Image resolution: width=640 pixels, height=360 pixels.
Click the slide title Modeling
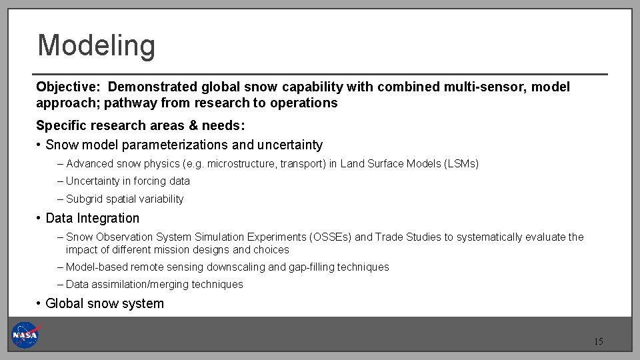coord(96,46)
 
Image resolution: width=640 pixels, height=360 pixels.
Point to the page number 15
coord(598,342)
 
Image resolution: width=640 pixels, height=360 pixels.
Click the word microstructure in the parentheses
coord(241,163)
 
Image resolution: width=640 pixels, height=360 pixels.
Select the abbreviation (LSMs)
coord(461,163)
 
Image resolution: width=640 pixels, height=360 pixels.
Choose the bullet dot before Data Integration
coord(40,218)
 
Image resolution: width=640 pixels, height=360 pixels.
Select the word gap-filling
coord(312,267)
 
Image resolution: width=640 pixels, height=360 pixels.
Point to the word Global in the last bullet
coord(64,303)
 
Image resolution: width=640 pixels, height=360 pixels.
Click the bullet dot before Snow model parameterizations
coord(40,145)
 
